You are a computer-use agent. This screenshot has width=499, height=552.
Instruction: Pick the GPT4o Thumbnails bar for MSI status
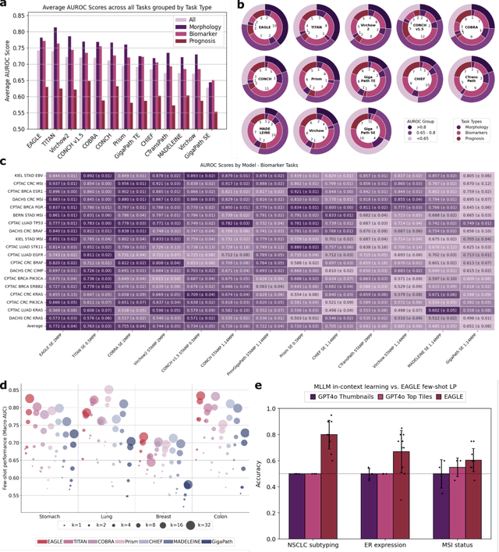(x=434, y=483)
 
